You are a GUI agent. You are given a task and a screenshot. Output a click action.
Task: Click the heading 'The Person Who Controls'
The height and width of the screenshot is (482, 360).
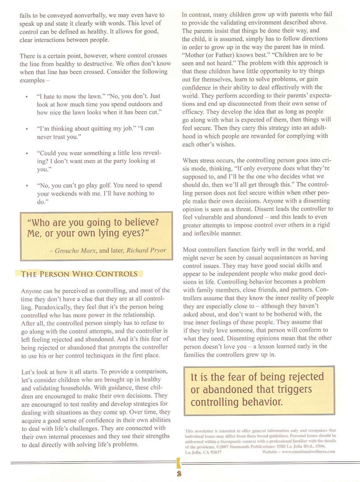click(x=80, y=274)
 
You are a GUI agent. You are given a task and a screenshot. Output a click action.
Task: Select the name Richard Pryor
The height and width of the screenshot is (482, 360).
click(x=146, y=250)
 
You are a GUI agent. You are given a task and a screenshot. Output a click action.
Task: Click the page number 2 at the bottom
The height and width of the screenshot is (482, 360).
click(x=179, y=473)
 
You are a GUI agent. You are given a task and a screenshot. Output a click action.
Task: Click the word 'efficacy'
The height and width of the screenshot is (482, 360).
click(x=193, y=112)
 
